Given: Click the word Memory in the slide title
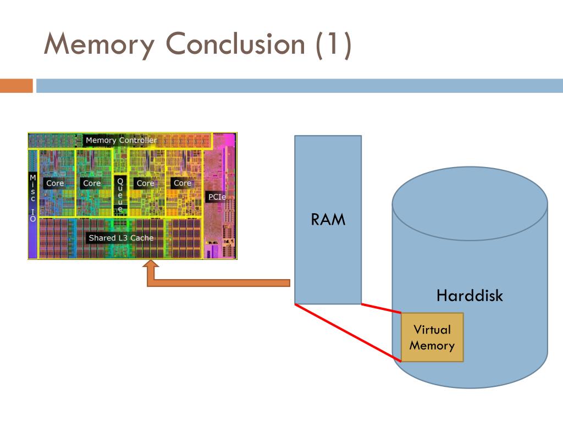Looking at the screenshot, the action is (99, 45).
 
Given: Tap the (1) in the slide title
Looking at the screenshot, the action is (333, 45).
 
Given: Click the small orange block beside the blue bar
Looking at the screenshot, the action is (16, 86).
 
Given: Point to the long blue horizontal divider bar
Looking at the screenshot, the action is (300, 86).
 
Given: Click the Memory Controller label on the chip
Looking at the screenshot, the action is (122, 140).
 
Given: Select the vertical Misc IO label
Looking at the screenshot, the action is (32, 198).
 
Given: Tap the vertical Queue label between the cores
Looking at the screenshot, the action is (120, 195).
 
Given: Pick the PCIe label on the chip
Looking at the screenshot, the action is (217, 197).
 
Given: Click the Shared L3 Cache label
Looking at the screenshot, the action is (121, 238).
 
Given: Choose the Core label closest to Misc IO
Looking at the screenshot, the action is (55, 183).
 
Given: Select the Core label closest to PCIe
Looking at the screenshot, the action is (183, 183).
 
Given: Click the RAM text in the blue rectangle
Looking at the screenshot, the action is (328, 220).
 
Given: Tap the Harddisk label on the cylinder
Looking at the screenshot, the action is (470, 295).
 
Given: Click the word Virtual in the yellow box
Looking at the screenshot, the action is (432, 330).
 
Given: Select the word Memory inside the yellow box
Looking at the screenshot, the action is (432, 345).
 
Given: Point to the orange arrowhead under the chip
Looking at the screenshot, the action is (151, 264).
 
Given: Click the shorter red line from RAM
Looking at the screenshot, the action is (382, 309).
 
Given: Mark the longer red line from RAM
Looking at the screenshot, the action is (348, 332).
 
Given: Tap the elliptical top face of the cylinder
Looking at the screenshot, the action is (470, 203).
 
